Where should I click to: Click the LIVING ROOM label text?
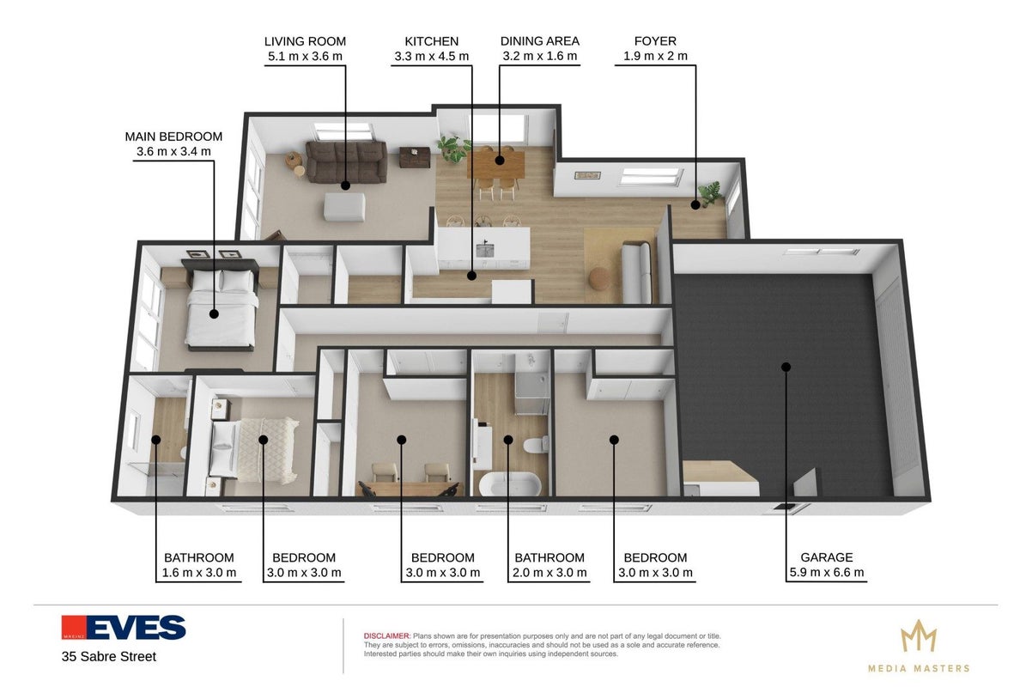click(x=305, y=41)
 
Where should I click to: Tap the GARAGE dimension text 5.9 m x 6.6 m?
click(x=827, y=572)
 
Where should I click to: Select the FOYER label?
click(x=655, y=41)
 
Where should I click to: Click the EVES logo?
click(x=124, y=628)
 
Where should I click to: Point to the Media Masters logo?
click(x=919, y=646)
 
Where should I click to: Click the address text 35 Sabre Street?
click(x=109, y=657)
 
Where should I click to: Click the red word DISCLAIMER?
click(x=386, y=636)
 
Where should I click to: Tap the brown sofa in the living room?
click(x=347, y=161)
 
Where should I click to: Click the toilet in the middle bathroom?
click(x=536, y=445)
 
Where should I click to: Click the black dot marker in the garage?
click(x=786, y=367)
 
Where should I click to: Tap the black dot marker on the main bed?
click(x=214, y=313)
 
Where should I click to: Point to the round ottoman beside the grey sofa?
click(x=600, y=278)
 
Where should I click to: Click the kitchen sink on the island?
click(x=485, y=249)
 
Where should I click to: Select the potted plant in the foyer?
click(x=710, y=193)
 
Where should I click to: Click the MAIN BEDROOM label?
click(x=173, y=137)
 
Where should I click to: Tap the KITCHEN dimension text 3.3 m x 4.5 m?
click(x=432, y=56)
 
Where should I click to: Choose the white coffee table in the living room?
click(x=344, y=207)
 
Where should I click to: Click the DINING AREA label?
click(x=540, y=41)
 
